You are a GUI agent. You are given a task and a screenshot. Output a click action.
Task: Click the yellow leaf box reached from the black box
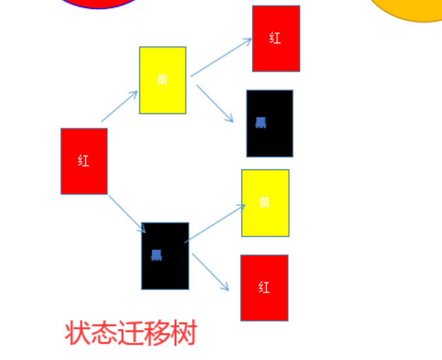[x=265, y=219]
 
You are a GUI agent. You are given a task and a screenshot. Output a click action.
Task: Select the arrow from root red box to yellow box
[x=119, y=106]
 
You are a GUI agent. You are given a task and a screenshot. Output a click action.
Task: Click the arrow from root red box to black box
[x=126, y=213]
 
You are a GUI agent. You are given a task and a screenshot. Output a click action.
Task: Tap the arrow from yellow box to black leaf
[x=214, y=103]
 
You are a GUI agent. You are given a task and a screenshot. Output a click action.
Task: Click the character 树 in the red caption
[x=183, y=333]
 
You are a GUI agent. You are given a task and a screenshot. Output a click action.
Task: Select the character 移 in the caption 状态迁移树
[x=157, y=333]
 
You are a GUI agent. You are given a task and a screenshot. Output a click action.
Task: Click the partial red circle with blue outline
[x=98, y=3]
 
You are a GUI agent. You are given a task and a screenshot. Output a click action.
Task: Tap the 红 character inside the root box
[x=83, y=161]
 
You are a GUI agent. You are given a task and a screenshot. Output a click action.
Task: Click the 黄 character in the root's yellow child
[x=162, y=80]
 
